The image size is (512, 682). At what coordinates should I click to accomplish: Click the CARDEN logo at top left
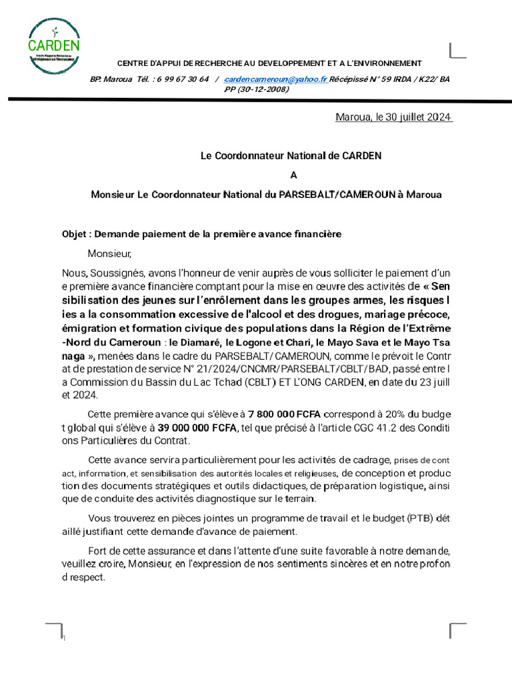[55, 45]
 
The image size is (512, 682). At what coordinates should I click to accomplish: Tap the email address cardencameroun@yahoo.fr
[275, 79]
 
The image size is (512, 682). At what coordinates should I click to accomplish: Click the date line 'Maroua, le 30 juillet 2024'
[393, 118]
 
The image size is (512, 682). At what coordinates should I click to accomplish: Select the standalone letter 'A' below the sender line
[291, 175]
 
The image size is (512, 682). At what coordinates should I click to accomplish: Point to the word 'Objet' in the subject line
[75, 234]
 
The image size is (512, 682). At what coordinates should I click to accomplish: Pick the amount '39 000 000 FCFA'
[197, 428]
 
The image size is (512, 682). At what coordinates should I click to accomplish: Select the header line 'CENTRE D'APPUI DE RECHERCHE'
[269, 63]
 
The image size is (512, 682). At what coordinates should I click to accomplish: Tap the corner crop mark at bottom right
[458, 630]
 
